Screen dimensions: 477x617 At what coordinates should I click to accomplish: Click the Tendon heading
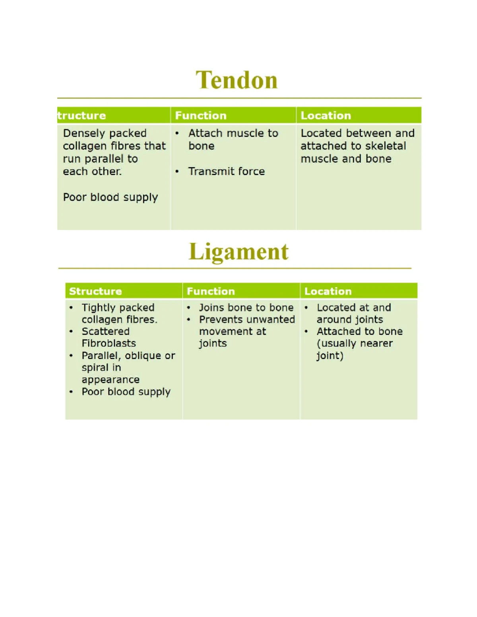(x=237, y=80)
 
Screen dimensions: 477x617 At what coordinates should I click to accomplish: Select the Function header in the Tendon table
(x=201, y=116)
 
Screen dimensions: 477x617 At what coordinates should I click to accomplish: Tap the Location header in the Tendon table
(x=326, y=116)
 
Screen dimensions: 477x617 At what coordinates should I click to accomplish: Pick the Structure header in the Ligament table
(x=95, y=291)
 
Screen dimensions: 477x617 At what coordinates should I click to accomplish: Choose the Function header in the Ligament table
(x=211, y=291)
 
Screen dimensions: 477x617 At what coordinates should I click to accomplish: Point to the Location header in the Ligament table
(x=328, y=291)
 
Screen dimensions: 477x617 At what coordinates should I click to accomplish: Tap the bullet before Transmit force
(x=177, y=172)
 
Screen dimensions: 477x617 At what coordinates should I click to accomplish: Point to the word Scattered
(x=106, y=331)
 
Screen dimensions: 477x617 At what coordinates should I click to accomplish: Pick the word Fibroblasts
(x=109, y=343)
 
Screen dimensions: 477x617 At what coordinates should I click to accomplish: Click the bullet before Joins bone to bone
(x=189, y=308)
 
